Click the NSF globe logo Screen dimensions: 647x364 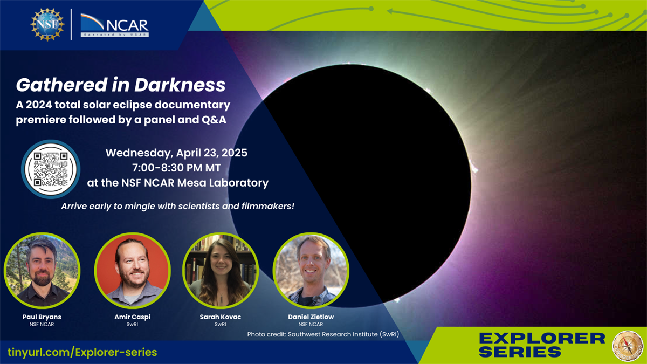pos(47,25)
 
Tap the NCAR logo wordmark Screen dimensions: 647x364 pos(115,25)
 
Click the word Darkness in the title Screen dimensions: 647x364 pos(180,85)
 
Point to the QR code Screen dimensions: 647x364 pos(51,169)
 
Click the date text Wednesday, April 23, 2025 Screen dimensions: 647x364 pos(176,153)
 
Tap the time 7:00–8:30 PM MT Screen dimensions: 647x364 pos(176,168)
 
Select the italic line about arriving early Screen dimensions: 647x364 pos(177,206)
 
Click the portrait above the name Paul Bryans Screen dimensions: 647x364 pos(42,271)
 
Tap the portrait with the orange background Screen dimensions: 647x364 pos(133,271)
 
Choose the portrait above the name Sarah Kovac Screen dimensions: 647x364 pos(221,271)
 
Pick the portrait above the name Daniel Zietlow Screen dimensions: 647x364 pos(311,271)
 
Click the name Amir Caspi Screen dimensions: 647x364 pos(133,317)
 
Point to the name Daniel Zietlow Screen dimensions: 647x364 pos(311,317)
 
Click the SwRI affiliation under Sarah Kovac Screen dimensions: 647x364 pos(220,325)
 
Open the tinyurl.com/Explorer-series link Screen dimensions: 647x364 pos(82,353)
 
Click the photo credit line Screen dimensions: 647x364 pos(323,334)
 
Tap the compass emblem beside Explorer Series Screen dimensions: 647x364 pos(628,346)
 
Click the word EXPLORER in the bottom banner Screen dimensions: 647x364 pos(542,339)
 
